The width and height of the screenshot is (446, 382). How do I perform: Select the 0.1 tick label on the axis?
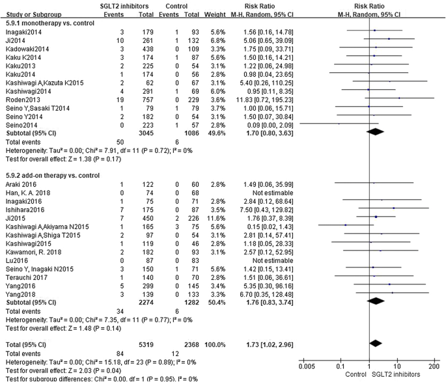(x=341, y=366)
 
